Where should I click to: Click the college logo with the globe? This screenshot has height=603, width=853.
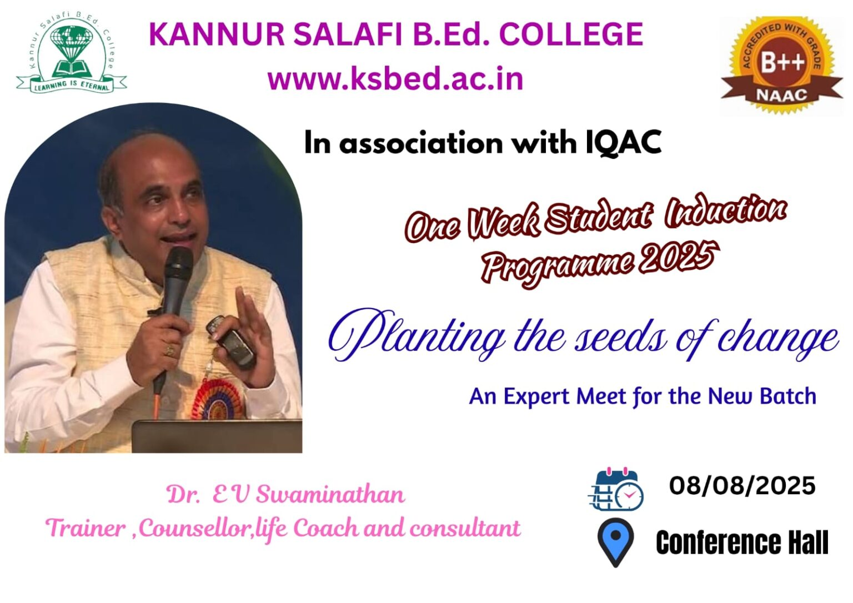coord(71,56)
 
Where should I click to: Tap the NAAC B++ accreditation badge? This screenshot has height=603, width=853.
coord(781,65)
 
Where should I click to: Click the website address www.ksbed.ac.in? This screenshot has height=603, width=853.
coord(395,79)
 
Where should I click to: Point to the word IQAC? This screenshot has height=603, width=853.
coord(624,143)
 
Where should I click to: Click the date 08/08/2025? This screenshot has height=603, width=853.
coord(742,486)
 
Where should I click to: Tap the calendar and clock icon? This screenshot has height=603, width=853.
coord(615,489)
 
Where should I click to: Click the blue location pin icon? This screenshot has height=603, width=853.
coord(615,541)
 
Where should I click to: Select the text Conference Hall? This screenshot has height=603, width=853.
coord(742,542)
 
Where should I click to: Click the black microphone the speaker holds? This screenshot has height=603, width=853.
coord(178,280)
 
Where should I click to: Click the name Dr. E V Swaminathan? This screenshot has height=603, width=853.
coord(286,495)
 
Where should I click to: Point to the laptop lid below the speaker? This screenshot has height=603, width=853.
coord(217,436)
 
